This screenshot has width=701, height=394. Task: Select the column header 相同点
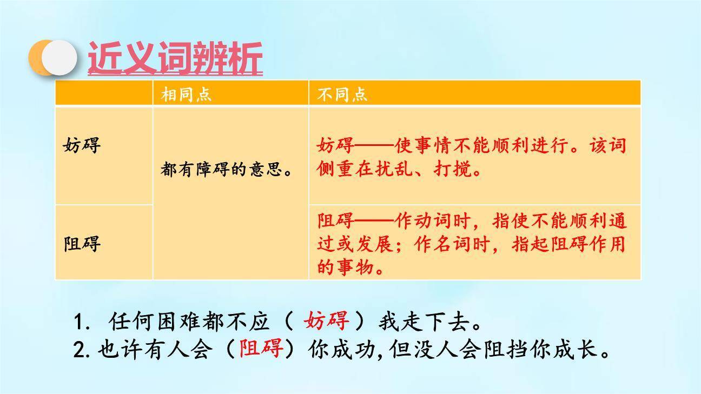(186, 95)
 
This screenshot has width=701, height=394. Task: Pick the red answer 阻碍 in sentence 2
(262, 349)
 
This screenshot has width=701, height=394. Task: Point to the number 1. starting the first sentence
(81, 323)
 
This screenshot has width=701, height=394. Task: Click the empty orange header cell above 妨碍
(104, 93)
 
